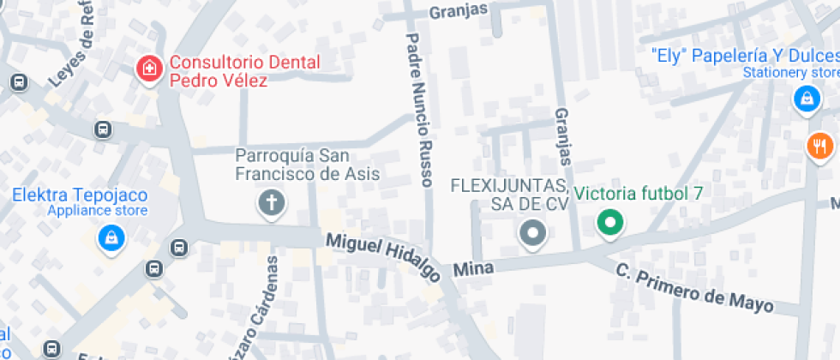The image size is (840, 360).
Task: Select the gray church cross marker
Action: point(273,204)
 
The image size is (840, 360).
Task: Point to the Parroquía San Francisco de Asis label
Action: point(308,165)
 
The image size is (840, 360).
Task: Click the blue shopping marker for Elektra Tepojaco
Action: point(111,237)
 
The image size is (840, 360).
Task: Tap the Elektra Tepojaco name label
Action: point(80,195)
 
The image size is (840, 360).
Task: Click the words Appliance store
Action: point(97,211)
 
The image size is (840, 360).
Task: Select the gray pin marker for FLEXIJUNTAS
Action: point(533,231)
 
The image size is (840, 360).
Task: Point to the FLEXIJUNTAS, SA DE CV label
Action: point(509,195)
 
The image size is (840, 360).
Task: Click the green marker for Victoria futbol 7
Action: point(610,224)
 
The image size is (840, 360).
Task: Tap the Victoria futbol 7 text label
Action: point(639,193)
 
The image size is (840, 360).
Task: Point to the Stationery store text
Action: point(790,73)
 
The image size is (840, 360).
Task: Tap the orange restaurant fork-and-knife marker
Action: point(820,145)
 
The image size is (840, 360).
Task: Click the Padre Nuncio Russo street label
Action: point(419,110)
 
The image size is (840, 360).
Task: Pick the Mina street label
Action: point(474,269)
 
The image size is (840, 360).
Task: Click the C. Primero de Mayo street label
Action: point(694,288)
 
